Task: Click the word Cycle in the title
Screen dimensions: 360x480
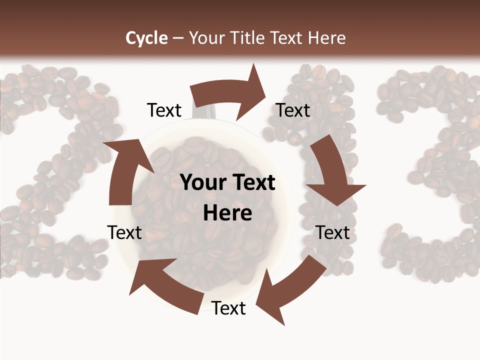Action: pyautogui.click(x=146, y=38)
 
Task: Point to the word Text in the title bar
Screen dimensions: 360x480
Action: pyautogui.click(x=287, y=38)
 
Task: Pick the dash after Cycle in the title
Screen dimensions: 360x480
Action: pyautogui.click(x=178, y=38)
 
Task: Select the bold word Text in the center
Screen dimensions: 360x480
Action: pyautogui.click(x=252, y=183)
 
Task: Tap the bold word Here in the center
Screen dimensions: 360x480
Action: pyautogui.click(x=227, y=213)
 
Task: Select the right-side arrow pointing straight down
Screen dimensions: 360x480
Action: pyautogui.click(x=332, y=172)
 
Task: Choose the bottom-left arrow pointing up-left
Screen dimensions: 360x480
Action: pyautogui.click(x=165, y=285)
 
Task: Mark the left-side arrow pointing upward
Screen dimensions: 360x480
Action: pyautogui.click(x=125, y=170)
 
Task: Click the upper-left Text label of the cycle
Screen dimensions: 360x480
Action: pyautogui.click(x=164, y=110)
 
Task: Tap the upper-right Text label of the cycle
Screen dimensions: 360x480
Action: pyautogui.click(x=293, y=110)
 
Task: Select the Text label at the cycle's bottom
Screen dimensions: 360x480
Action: pyautogui.click(x=228, y=308)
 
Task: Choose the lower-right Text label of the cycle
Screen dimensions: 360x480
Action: pyautogui.click(x=333, y=232)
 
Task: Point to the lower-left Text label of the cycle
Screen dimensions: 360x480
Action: pyautogui.click(x=124, y=232)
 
